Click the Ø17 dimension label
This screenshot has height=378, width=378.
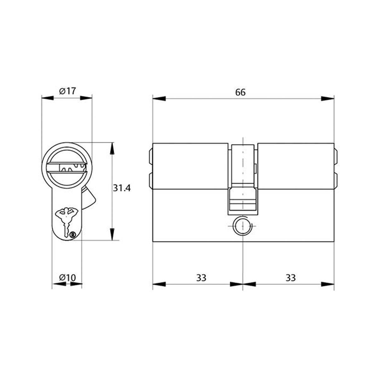(67, 91)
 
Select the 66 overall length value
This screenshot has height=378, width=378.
(240, 92)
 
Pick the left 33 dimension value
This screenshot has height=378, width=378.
(201, 278)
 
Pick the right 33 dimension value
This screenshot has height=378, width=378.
(290, 278)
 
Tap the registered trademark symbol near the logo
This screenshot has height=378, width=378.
(73, 234)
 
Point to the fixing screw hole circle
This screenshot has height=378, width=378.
(241, 226)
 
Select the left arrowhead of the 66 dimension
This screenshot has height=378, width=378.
(159, 99)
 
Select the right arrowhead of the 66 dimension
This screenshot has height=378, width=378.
(328, 99)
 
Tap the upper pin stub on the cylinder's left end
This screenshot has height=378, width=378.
(150, 157)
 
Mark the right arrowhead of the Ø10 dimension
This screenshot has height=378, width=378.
(76, 284)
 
